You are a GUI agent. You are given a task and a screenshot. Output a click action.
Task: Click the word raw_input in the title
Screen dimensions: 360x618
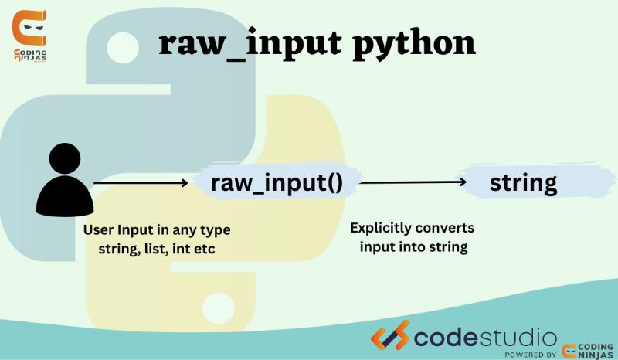click(248, 45)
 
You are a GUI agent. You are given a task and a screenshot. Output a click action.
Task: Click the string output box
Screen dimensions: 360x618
click(523, 183)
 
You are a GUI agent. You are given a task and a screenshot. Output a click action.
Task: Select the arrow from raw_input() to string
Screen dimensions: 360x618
click(413, 183)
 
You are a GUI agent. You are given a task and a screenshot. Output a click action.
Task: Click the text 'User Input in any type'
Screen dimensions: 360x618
click(157, 230)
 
